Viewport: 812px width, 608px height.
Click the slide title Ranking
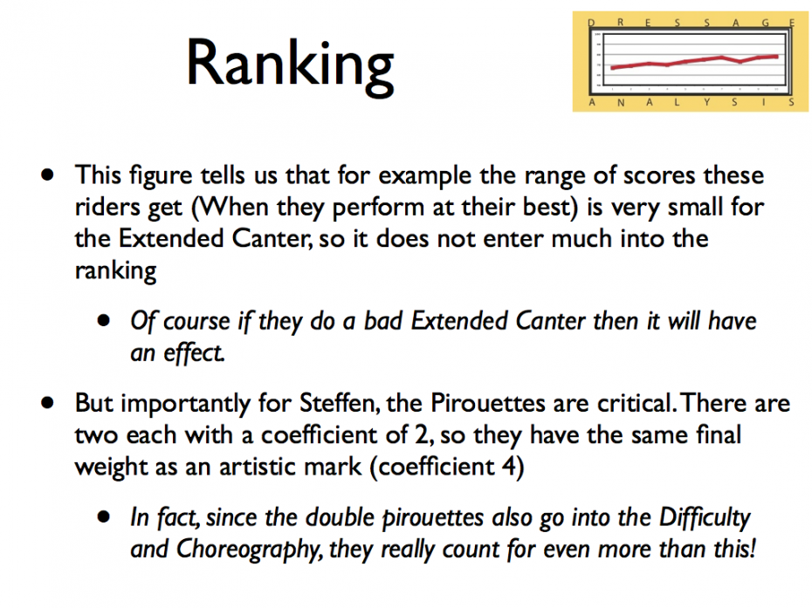coord(290,66)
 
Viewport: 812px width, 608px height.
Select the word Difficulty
coord(705,518)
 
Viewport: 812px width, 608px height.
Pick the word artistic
coord(290,467)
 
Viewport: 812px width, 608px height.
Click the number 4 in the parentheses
coord(510,467)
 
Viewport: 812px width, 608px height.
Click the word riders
coord(107,207)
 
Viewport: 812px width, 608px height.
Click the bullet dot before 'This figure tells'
coord(48,174)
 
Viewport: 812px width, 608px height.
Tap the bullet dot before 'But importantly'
coord(48,403)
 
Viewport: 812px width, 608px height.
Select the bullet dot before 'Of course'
coord(104,321)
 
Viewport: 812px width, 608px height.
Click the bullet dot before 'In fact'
coord(104,517)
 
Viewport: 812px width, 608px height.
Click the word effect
coord(194,353)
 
